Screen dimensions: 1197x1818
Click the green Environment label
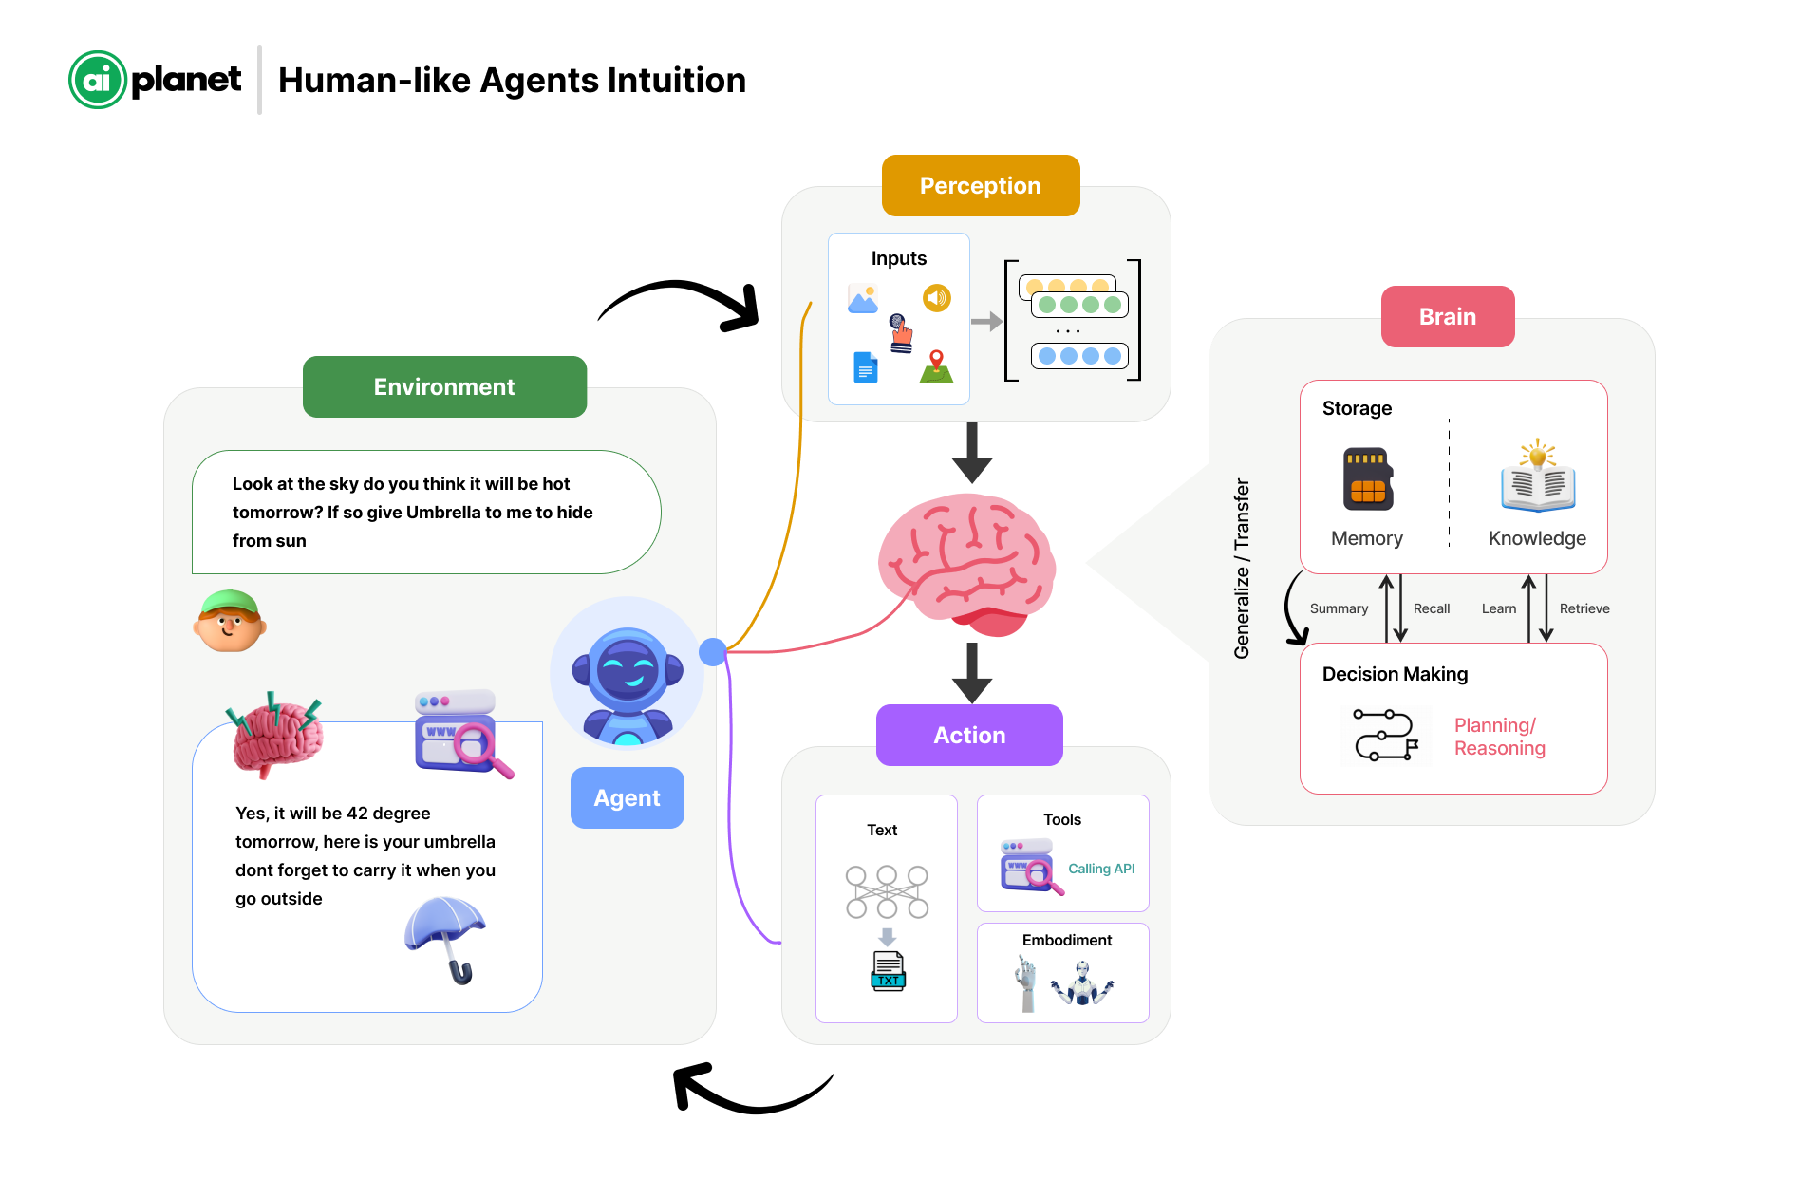[444, 386]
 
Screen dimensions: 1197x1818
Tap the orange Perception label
[980, 186]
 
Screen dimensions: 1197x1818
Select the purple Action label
[969, 735]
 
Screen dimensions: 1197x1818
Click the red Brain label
[1447, 316]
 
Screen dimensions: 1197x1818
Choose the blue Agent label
[627, 797]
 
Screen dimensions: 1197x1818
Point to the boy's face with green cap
[230, 622]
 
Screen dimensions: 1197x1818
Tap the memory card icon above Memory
[1367, 478]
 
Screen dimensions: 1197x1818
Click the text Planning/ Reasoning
[1499, 737]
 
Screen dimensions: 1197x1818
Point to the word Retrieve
[1584, 608]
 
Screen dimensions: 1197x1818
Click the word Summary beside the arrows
[1339, 608]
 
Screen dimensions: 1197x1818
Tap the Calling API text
[1101, 869]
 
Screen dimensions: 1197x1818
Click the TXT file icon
[888, 971]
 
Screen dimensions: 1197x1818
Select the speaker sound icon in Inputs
[937, 298]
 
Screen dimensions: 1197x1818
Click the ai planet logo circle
[98, 80]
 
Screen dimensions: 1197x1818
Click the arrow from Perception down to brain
[971, 453]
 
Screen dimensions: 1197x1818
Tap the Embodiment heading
[1067, 940]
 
